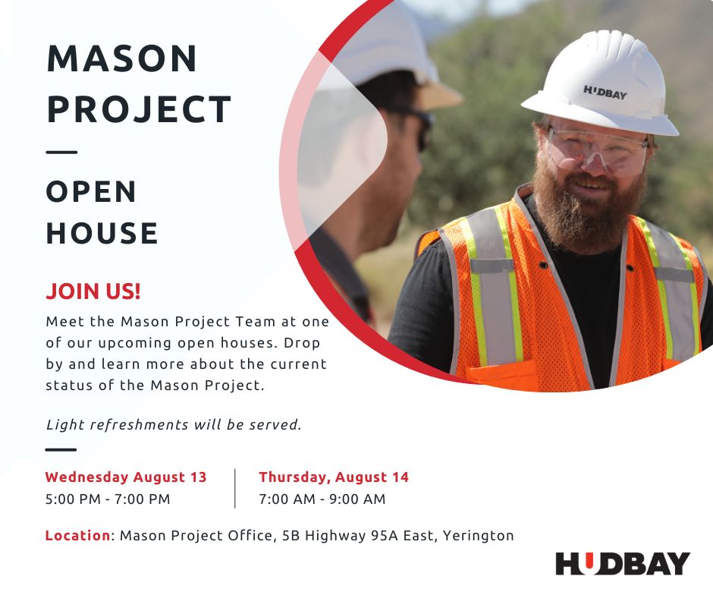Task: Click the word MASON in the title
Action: click(122, 58)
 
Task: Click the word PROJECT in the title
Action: click(139, 110)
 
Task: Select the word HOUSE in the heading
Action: click(102, 233)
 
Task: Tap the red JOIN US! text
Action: click(93, 291)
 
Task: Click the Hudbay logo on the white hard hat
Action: click(605, 93)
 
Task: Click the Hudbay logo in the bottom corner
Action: click(623, 563)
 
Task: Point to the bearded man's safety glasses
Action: click(597, 153)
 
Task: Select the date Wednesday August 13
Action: click(126, 477)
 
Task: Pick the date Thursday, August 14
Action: click(334, 477)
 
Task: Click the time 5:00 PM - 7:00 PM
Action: click(108, 499)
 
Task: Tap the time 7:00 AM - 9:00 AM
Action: click(322, 499)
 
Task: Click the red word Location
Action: click(78, 536)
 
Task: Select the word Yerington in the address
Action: click(479, 536)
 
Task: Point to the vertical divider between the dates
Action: click(235, 488)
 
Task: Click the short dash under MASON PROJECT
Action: click(62, 152)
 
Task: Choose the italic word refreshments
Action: click(139, 425)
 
